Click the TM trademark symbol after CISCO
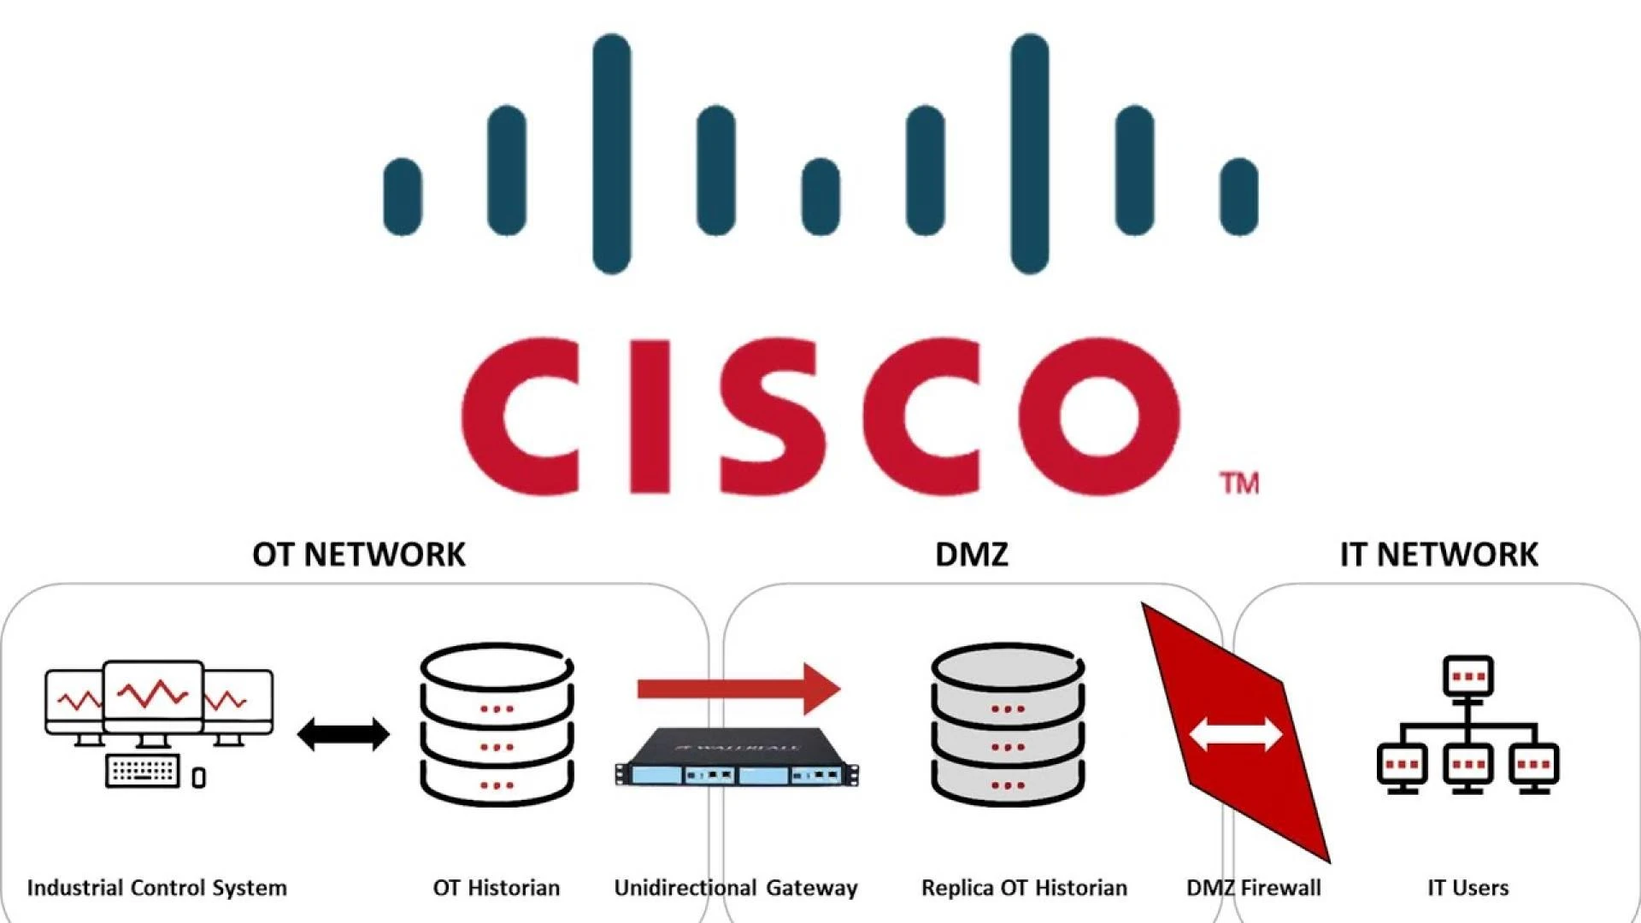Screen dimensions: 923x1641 (x=1239, y=484)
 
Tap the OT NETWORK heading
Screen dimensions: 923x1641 (x=359, y=555)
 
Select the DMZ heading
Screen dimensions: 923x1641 (x=972, y=555)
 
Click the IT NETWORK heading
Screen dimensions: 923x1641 (x=1438, y=555)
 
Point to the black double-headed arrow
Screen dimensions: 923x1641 (x=344, y=734)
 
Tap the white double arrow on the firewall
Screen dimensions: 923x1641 (x=1236, y=734)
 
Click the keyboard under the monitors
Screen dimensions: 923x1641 (x=143, y=771)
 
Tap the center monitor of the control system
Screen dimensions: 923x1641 (x=153, y=697)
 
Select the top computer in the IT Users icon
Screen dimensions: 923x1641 (x=1468, y=677)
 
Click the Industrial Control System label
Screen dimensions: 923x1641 (x=157, y=888)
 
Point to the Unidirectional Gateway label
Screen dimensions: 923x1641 (x=736, y=888)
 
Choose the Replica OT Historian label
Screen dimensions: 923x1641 (x=1024, y=888)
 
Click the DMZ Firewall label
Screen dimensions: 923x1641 (x=1253, y=888)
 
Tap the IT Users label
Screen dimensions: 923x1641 (x=1467, y=888)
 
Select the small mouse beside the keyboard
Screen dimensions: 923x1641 (x=199, y=778)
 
